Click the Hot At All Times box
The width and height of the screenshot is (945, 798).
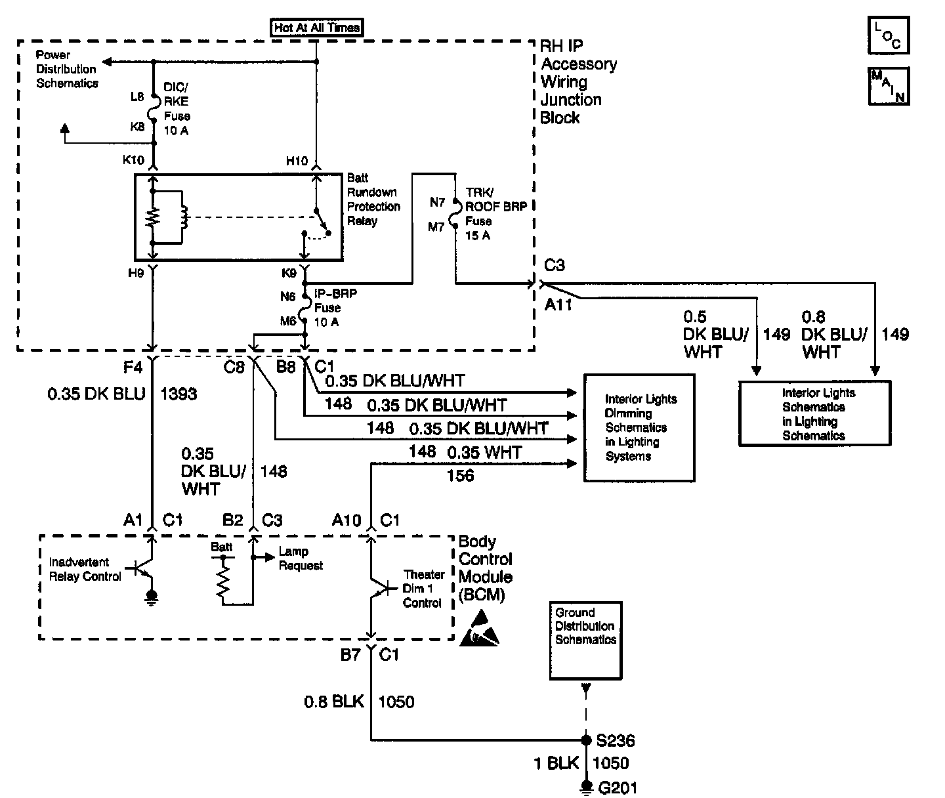click(316, 27)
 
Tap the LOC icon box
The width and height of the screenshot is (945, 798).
click(889, 35)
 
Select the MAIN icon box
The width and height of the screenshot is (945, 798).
click(889, 86)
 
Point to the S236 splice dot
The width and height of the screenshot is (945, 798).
click(586, 740)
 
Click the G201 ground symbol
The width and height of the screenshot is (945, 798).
click(586, 787)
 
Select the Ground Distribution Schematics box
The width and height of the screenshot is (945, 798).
click(585, 640)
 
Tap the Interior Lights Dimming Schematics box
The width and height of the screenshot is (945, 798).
click(639, 427)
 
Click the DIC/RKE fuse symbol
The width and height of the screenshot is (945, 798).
click(153, 109)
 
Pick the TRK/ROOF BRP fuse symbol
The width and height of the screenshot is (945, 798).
click(454, 213)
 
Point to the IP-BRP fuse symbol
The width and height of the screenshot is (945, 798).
click(306, 308)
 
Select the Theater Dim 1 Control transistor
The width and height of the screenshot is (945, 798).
click(381, 588)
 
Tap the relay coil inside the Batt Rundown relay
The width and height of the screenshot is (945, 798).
click(184, 218)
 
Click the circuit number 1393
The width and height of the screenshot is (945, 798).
click(178, 394)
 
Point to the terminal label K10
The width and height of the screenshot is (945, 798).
click(133, 159)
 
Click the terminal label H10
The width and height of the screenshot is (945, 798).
click(297, 161)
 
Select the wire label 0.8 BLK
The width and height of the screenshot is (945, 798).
click(334, 702)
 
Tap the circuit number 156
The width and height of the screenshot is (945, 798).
click(460, 476)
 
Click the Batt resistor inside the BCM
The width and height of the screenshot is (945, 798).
click(222, 581)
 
